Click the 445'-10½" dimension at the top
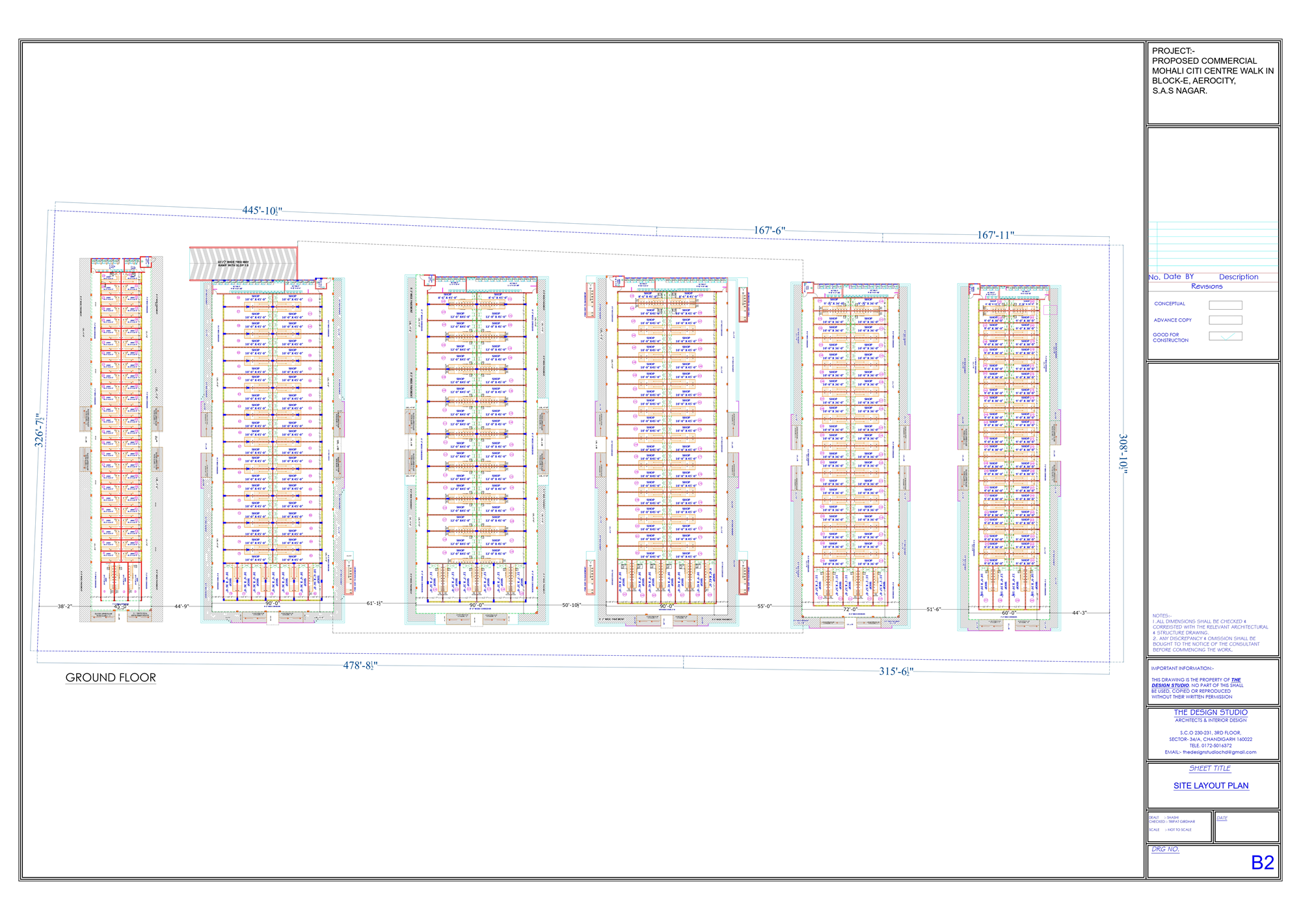click(x=262, y=211)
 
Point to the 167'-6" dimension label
click(x=770, y=230)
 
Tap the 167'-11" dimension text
click(x=995, y=235)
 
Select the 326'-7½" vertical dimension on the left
click(x=40, y=430)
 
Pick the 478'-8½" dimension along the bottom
click(x=360, y=666)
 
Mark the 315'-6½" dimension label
click(x=896, y=671)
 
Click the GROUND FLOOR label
click(x=111, y=678)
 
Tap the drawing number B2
click(x=1262, y=863)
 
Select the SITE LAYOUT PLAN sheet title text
click(x=1211, y=786)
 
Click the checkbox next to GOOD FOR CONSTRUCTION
click(x=1225, y=336)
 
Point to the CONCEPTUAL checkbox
click(x=1225, y=304)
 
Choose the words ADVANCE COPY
click(x=1172, y=320)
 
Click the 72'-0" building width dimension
click(x=850, y=610)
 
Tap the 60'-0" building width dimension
click(x=1008, y=613)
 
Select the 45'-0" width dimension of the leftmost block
click(x=121, y=606)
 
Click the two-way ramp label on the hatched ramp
click(x=233, y=264)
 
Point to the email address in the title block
click(x=1211, y=752)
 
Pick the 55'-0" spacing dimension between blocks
click(x=764, y=606)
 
